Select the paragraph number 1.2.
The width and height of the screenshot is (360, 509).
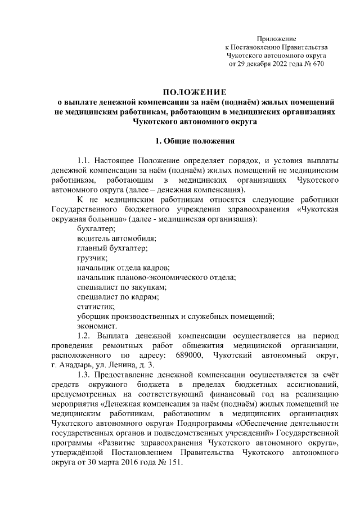click(x=84, y=336)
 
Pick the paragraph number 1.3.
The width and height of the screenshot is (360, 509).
click(x=84, y=374)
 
